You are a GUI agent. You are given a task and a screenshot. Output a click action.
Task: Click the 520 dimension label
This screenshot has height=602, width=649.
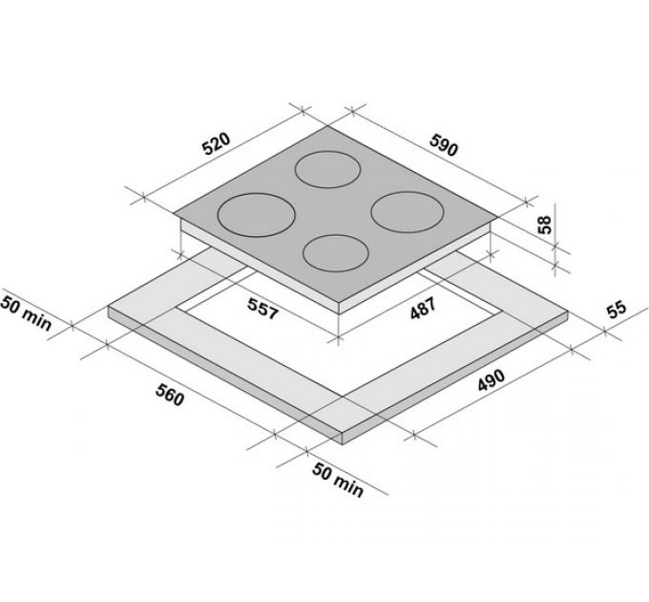pyautogui.click(x=216, y=143)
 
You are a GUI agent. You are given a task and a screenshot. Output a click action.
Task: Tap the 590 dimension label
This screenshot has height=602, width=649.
pyautogui.click(x=444, y=144)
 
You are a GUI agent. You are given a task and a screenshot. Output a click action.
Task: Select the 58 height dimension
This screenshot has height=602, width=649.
pyautogui.click(x=546, y=225)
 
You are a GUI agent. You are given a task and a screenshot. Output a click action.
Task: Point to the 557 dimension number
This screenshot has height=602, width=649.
pyautogui.click(x=262, y=309)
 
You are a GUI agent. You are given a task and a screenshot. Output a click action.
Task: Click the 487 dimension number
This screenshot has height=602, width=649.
pyautogui.click(x=423, y=309)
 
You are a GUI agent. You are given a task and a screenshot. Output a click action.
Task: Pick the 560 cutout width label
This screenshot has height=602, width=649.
pyautogui.click(x=170, y=395)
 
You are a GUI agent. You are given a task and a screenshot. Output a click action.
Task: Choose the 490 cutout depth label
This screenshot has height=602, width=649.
pyautogui.click(x=492, y=380)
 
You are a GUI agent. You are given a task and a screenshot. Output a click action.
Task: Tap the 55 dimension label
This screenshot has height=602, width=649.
pyautogui.click(x=618, y=310)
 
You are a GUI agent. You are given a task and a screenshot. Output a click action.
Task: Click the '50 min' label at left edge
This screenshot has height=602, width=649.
pyautogui.click(x=26, y=312)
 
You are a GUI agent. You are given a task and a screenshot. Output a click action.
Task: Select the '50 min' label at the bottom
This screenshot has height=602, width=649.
pyautogui.click(x=338, y=481)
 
